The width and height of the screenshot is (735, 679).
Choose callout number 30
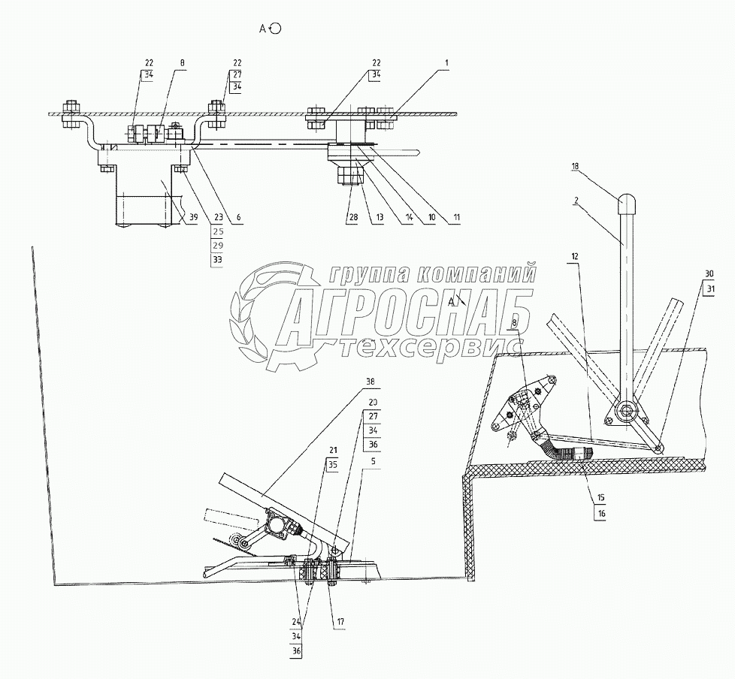point(709,274)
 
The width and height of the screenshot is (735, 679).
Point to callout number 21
point(331,451)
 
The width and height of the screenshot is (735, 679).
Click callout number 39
point(195,218)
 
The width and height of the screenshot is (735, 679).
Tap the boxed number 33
point(218,260)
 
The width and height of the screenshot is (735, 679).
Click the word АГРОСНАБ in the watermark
point(407,308)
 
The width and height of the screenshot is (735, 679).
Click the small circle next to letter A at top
point(276,29)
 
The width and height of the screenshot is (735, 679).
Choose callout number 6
point(238,218)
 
